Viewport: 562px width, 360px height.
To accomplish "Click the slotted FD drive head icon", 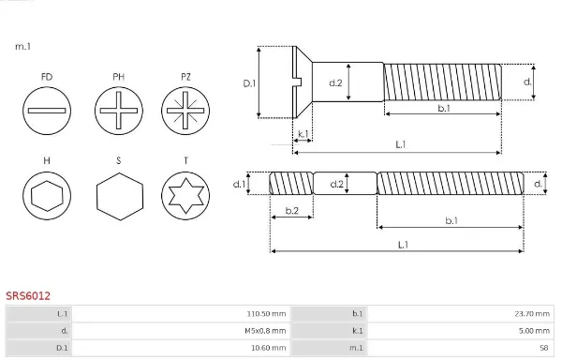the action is click(x=47, y=111).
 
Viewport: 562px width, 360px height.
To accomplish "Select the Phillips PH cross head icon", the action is click(x=119, y=111).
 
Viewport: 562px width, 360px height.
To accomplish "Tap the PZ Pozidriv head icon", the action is click(x=185, y=111).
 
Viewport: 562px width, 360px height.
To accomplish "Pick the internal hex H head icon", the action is click(x=47, y=196).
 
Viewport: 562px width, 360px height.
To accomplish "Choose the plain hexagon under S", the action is click(x=120, y=197).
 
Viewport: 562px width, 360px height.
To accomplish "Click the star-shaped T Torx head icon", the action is click(x=185, y=196).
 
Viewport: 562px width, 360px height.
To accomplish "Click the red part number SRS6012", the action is click(x=28, y=296).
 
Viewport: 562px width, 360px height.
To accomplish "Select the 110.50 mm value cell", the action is click(x=266, y=314).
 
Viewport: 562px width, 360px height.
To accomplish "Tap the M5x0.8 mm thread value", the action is click(x=265, y=331).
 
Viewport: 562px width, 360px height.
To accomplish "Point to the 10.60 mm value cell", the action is click(x=269, y=348).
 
